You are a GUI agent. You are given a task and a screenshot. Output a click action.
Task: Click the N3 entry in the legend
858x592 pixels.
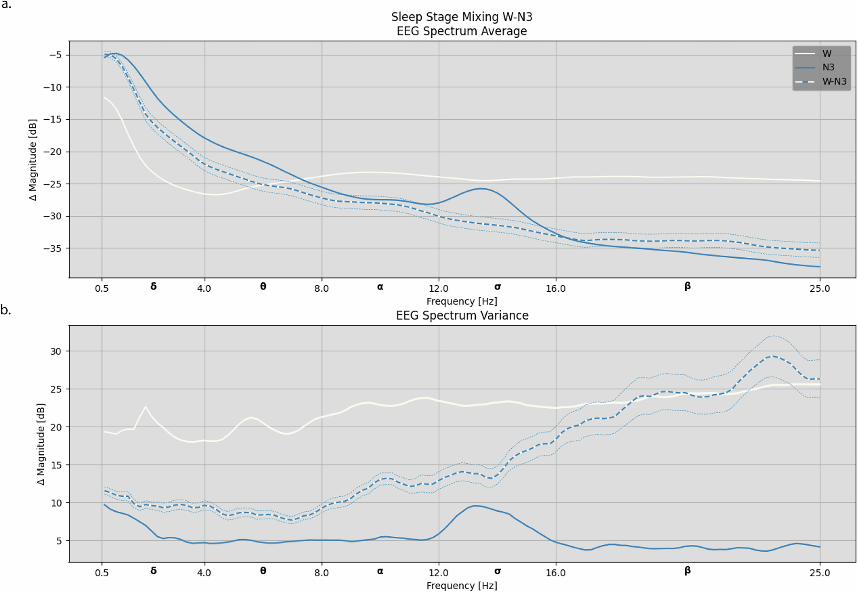(828, 67)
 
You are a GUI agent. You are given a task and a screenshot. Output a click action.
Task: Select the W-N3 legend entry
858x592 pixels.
(834, 82)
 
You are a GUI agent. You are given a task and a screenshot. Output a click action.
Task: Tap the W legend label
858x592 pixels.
(827, 54)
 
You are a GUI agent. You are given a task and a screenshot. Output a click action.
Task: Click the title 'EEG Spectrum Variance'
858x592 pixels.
(462, 315)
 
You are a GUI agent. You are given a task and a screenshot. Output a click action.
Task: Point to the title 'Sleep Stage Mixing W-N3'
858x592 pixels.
(462, 17)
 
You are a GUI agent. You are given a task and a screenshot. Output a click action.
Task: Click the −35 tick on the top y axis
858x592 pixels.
(53, 248)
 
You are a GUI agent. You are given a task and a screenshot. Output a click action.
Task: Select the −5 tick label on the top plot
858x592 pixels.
(56, 55)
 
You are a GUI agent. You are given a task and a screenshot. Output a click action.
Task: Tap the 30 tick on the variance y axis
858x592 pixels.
(56, 351)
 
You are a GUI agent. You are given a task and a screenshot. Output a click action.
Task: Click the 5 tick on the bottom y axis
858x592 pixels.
(59, 541)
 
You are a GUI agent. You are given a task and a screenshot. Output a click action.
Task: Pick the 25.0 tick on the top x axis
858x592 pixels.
(819, 288)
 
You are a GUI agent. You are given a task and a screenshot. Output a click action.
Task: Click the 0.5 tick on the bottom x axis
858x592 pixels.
(102, 573)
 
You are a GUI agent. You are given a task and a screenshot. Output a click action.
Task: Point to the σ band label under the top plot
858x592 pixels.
(497, 287)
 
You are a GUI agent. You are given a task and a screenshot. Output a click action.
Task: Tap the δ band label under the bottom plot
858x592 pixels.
(153, 571)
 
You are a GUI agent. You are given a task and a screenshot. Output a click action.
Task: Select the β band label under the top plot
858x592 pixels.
(687, 287)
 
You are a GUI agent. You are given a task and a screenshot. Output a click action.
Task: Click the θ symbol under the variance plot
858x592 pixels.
(263, 571)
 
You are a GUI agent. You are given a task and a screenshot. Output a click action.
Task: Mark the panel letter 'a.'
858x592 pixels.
(6, 5)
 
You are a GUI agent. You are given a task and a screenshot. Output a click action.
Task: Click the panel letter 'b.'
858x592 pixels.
(6, 310)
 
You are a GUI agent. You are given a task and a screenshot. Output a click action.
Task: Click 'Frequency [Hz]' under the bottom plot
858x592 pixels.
(462, 586)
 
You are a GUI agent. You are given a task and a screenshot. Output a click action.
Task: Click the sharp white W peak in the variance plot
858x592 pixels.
(145, 407)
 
